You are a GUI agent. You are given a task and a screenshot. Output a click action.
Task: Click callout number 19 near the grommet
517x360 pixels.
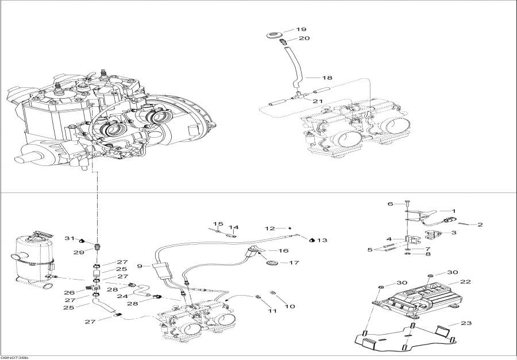[x=302, y=29]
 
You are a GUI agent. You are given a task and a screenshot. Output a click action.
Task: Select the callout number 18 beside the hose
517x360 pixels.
[x=327, y=77]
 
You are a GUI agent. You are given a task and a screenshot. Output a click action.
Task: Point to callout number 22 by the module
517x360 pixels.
[x=465, y=281]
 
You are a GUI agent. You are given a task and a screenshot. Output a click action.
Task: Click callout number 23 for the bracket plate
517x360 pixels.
[x=466, y=323]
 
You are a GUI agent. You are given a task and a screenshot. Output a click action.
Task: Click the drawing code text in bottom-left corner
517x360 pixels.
[x=14, y=357]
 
